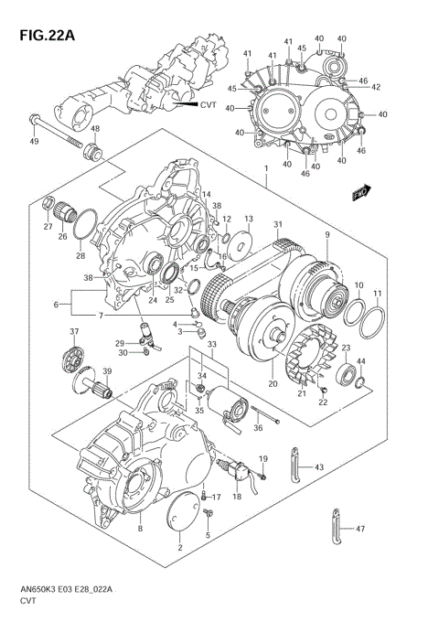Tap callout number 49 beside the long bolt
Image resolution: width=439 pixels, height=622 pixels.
tap(34, 142)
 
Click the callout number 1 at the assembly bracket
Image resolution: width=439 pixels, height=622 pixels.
tap(265, 170)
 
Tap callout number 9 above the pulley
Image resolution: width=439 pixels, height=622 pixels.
tap(327, 235)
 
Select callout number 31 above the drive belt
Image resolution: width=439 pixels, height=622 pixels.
tap(278, 226)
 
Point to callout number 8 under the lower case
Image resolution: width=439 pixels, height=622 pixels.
tap(140, 528)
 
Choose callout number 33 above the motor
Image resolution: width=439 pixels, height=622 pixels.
tap(211, 344)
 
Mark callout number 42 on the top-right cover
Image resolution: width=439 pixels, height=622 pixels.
tap(376, 88)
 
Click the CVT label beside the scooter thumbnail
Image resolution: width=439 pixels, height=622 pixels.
tap(210, 105)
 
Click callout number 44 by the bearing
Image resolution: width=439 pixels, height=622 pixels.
tap(360, 361)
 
